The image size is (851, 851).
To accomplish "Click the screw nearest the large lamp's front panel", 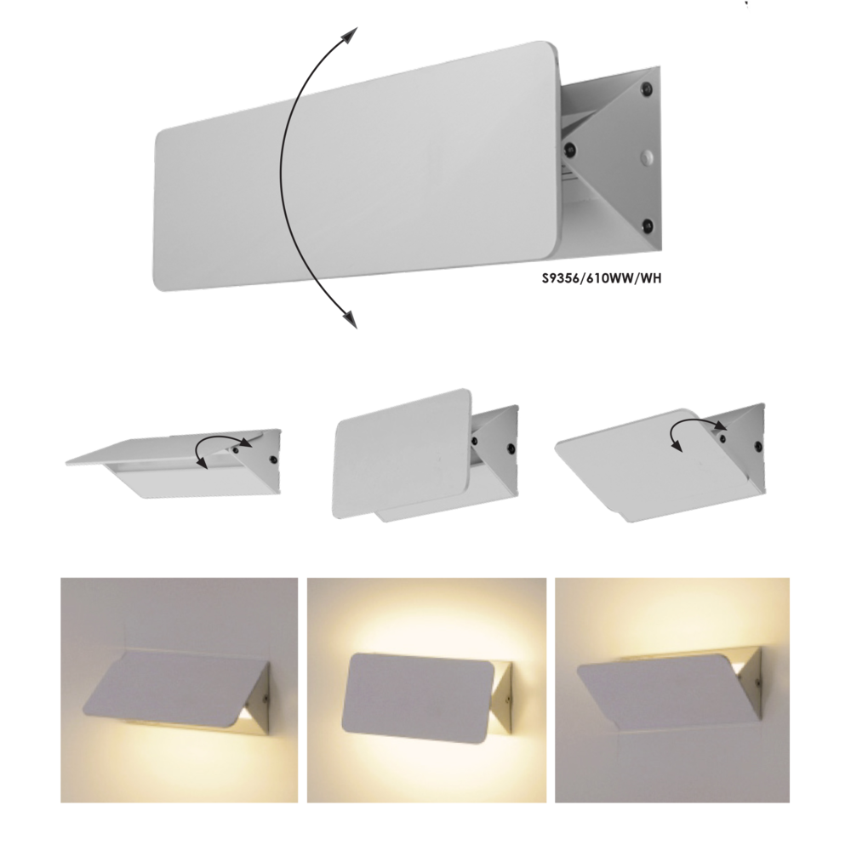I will click(x=571, y=151).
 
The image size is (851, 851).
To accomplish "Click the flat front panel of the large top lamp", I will click(x=357, y=170).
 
